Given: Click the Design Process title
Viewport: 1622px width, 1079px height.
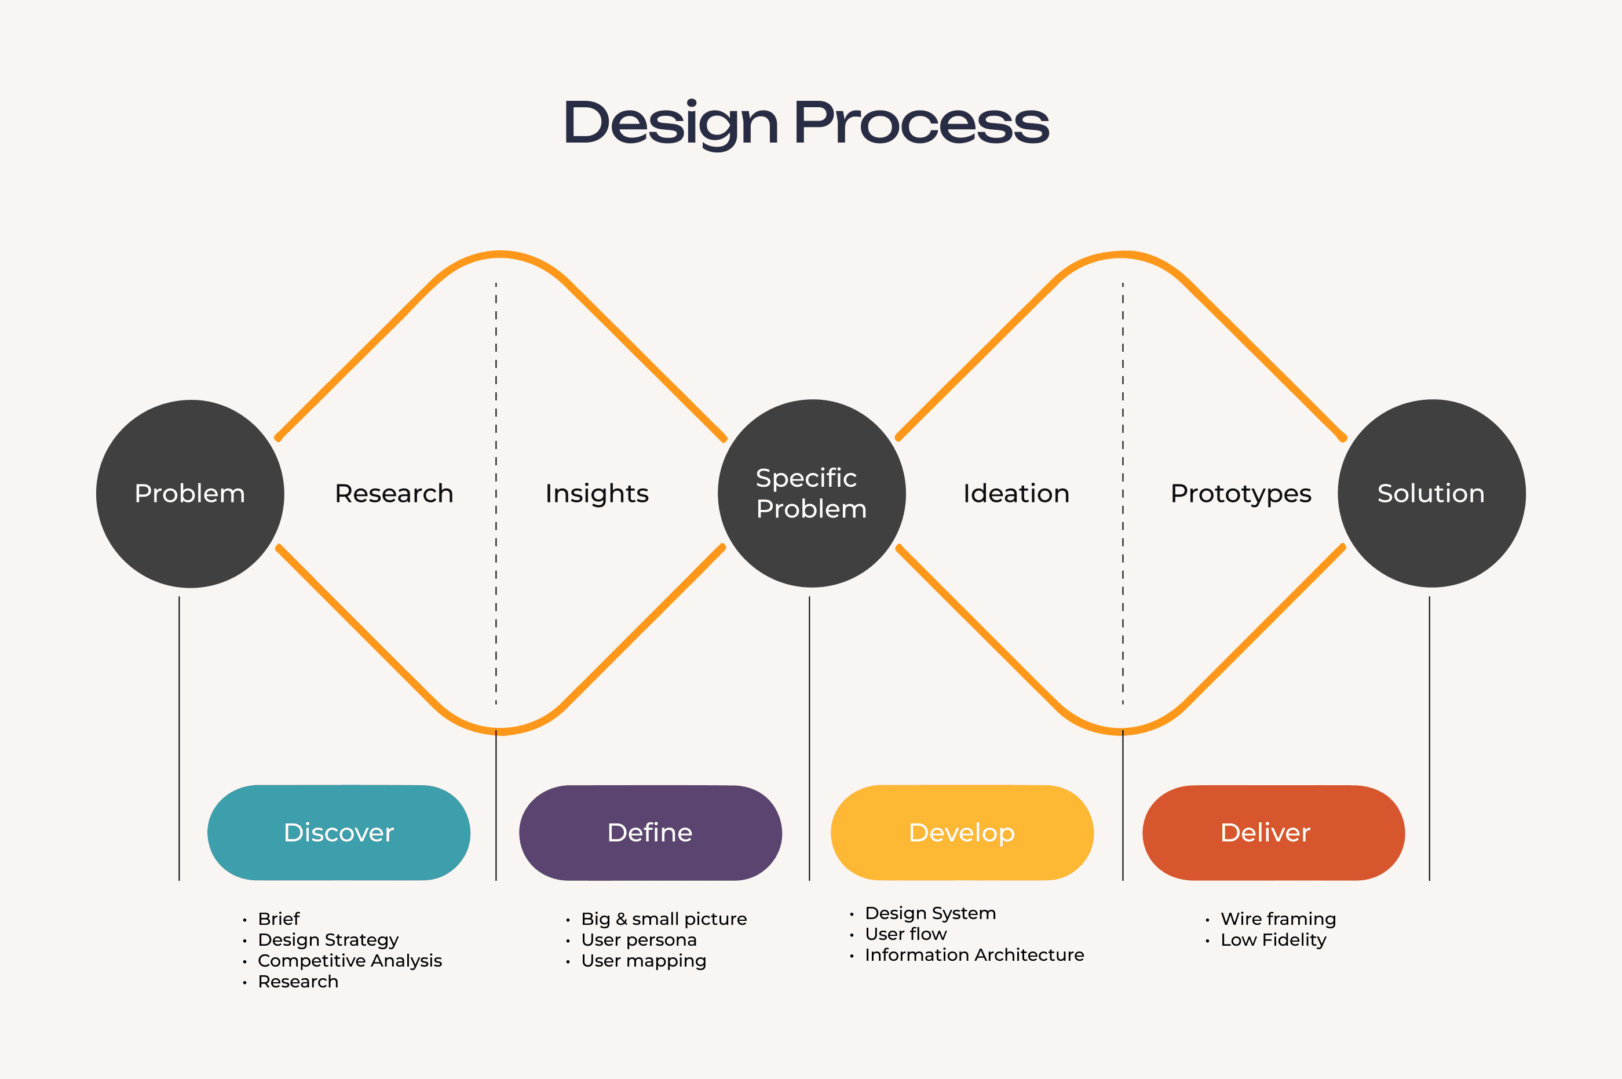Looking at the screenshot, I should click(806, 123).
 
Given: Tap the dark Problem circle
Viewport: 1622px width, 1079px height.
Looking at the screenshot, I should click(190, 493).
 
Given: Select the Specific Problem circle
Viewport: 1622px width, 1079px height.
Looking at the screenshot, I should click(812, 493).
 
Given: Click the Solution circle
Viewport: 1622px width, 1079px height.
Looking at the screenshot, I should click(1431, 493).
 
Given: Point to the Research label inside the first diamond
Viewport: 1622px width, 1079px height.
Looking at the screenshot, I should click(394, 493).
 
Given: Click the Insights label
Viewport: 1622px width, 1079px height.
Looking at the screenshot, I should click(597, 493).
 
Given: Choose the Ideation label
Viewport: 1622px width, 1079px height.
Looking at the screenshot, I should click(1016, 493).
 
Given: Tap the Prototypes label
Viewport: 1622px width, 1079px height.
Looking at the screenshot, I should click(1241, 493).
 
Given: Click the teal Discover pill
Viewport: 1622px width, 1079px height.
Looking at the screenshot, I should click(338, 833).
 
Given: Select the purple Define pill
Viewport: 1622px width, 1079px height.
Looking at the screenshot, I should click(650, 833).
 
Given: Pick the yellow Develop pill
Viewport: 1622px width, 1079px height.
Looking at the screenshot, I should click(962, 833).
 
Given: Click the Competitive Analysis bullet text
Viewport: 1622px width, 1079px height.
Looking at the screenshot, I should click(349, 961).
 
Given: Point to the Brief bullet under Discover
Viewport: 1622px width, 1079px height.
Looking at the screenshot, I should click(279, 918).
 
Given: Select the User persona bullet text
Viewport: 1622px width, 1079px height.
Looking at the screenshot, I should click(638, 940).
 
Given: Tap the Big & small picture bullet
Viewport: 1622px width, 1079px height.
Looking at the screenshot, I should click(664, 918).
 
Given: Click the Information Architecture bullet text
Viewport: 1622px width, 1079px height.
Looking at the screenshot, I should click(974, 955).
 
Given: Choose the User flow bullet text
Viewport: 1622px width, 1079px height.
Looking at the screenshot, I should click(905, 934).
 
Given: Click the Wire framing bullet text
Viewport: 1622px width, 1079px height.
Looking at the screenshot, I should click(1278, 918).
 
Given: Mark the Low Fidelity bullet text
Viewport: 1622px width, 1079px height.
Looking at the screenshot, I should click(1273, 940).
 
